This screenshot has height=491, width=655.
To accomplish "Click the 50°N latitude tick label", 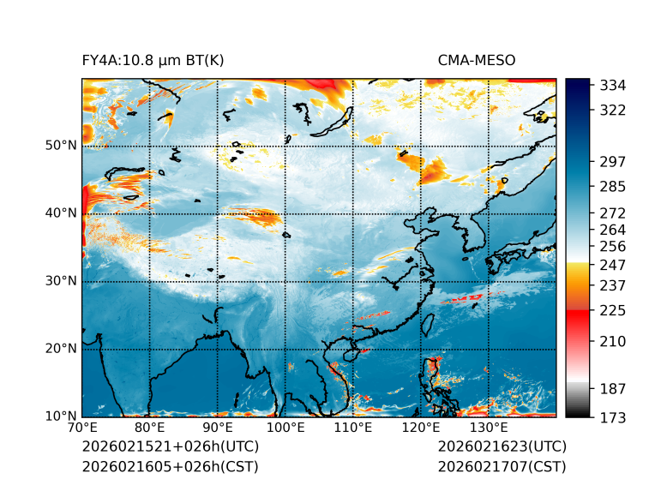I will tap(61, 146).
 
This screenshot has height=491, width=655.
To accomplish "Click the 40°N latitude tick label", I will tap(61, 213).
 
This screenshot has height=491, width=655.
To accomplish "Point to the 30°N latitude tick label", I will tap(61, 281).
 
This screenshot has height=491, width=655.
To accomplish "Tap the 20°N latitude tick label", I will tap(61, 349).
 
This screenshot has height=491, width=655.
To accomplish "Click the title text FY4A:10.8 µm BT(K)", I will tap(153, 61).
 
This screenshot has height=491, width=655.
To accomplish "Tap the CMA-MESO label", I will tap(476, 61).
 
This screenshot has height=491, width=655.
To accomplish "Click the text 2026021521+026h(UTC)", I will tap(170, 446).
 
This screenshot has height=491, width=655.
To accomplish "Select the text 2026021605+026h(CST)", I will tap(170, 466).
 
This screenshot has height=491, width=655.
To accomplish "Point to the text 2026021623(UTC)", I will tap(502, 446).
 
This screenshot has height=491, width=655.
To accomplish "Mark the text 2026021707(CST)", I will tap(502, 466).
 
